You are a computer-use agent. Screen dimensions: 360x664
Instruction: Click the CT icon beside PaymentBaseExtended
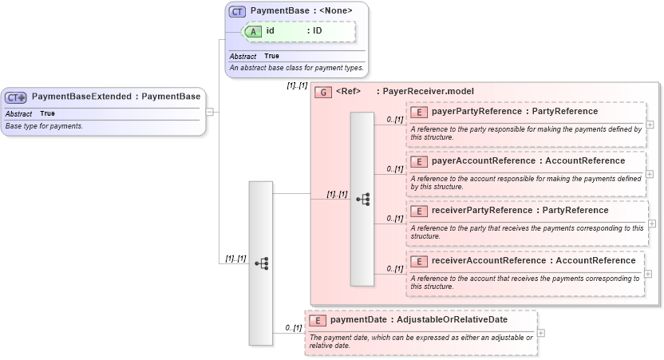(x=16, y=97)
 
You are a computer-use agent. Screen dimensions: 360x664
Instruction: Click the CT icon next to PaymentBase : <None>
(x=237, y=11)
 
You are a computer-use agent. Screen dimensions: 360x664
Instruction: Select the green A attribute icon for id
(x=253, y=31)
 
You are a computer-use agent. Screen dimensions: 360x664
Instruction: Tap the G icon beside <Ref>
(x=323, y=92)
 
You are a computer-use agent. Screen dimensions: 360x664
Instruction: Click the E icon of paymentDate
(x=318, y=320)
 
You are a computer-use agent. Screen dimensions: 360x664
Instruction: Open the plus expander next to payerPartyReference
(x=650, y=125)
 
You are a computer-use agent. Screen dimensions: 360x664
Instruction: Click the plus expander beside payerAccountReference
(x=650, y=174)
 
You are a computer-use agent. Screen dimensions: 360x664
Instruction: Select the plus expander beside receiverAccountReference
(x=650, y=274)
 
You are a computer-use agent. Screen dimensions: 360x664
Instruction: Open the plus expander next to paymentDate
(x=542, y=333)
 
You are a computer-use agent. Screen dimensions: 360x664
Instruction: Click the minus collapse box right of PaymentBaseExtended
(x=209, y=112)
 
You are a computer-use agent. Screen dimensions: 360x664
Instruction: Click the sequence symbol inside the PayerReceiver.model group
(x=362, y=199)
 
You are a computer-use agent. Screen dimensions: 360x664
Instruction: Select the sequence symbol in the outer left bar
(x=261, y=263)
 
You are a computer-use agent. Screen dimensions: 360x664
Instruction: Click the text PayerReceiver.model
(x=428, y=92)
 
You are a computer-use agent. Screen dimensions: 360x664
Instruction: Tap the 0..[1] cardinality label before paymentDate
(x=293, y=328)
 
